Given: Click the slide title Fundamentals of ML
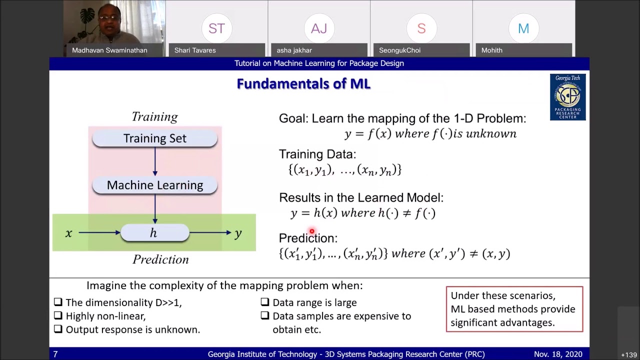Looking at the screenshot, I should point(303,84).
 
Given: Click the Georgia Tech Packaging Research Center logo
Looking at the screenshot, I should point(567,97).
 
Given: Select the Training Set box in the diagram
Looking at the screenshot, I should point(154,138).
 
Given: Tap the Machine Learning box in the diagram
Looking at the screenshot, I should point(154,185).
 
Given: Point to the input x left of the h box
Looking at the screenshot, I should point(68,233).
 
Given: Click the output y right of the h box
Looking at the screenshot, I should point(238,233).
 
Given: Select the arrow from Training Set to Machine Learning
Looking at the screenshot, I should point(155,161).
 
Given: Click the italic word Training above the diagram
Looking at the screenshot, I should point(154,116).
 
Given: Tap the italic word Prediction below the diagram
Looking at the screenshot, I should point(160,259).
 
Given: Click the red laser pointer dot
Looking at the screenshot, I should point(311,231).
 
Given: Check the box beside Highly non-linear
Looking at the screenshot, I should point(58,316).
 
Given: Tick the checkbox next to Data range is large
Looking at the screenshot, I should point(265,302).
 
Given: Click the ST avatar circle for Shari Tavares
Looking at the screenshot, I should point(216,28).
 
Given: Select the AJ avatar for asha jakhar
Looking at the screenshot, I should point(319,28).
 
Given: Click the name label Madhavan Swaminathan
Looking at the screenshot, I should point(109,50).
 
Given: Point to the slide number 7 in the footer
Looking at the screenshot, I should point(55,354).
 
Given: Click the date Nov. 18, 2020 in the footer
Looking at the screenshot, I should point(557,354).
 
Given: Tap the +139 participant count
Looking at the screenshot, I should point(629,354).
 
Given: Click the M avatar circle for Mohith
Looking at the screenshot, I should point(523,28).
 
